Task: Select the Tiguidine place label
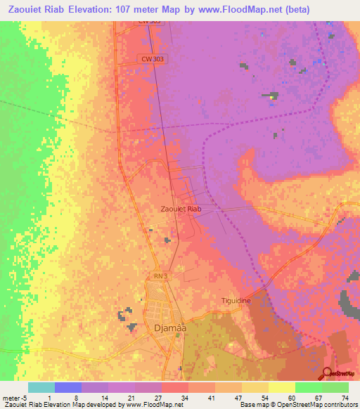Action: [x=236, y=300]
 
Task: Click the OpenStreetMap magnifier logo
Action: [x=327, y=373]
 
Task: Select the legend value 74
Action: [x=345, y=398]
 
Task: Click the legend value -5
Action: [x=24, y=398]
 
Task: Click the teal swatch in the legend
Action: [x=41, y=387]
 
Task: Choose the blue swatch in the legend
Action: [x=67, y=387]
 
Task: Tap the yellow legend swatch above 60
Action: [x=281, y=387]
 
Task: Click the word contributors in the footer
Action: [x=340, y=405]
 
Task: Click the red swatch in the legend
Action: [x=174, y=387]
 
